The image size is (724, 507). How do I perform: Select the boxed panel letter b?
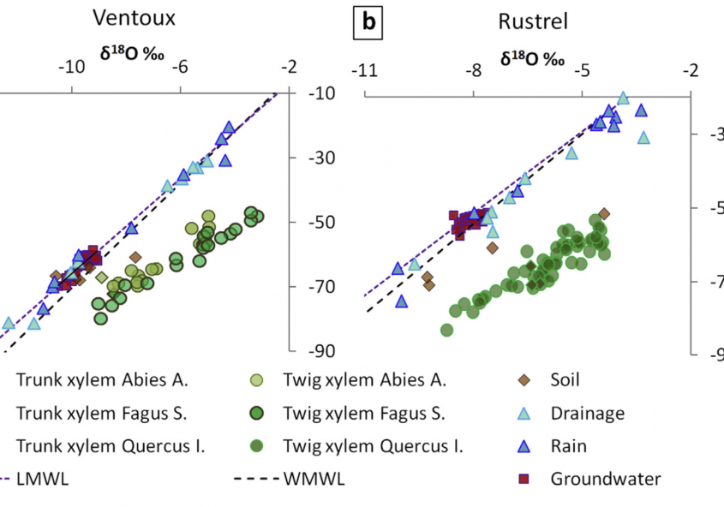368,22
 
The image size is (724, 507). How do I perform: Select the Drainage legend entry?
587,413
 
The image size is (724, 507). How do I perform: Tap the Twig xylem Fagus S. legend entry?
363,413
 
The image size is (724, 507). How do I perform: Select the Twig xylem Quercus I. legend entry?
372,446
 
